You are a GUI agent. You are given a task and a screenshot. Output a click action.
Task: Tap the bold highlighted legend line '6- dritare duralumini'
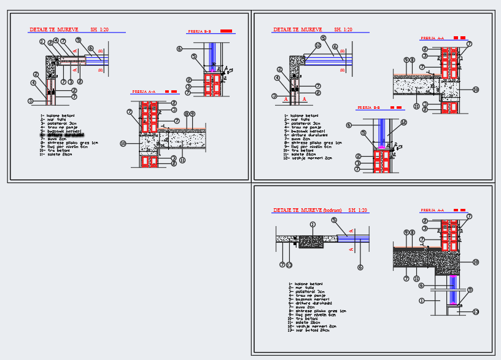pos(62,135)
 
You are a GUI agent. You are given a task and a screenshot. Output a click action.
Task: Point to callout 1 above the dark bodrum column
pos(313,225)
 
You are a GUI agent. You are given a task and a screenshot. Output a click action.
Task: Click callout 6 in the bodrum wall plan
pos(360,267)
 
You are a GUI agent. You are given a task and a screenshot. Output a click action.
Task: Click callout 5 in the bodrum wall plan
pos(333,220)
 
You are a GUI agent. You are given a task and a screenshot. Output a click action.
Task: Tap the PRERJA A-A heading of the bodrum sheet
pos(432,210)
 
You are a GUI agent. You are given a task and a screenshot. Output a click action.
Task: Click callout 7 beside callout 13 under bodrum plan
pos(282,265)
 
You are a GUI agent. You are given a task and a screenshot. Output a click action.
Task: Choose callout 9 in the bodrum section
pos(411,232)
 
